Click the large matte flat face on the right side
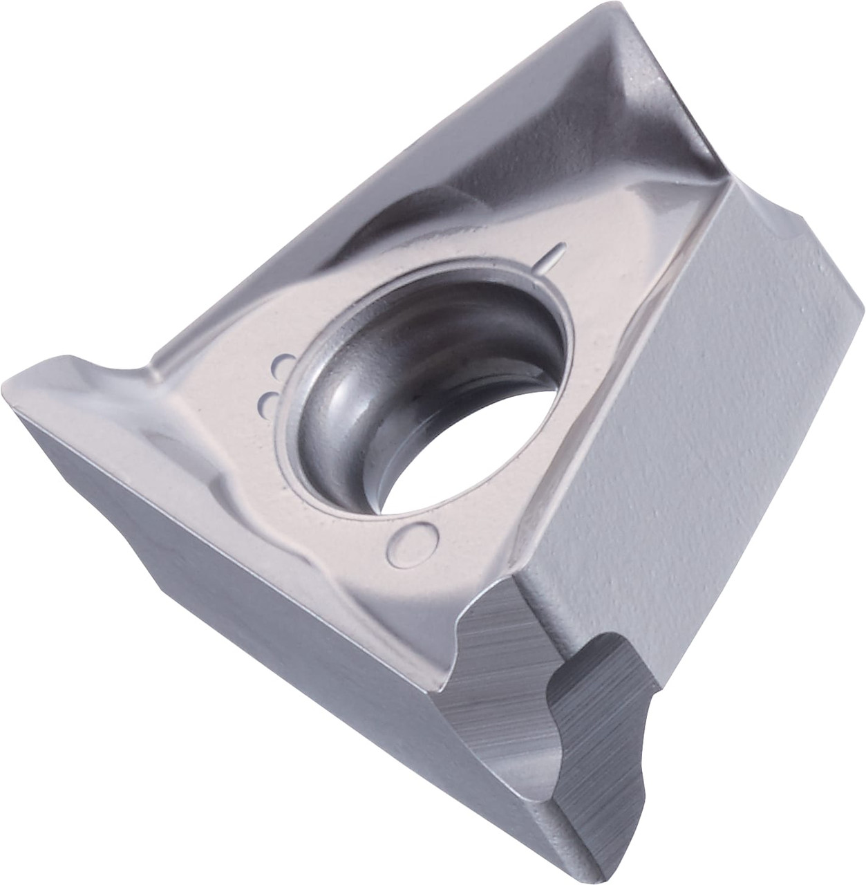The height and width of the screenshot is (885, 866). (x=691, y=429)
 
